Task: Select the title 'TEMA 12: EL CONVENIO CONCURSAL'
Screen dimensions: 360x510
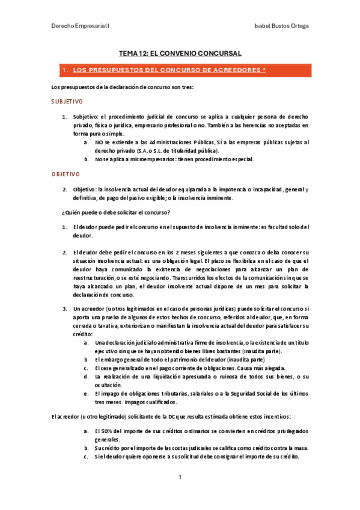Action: point(180,54)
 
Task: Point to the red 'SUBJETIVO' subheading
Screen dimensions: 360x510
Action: point(67,102)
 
